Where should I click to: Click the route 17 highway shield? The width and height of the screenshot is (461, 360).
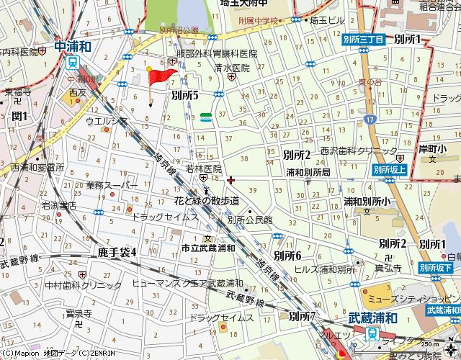tap(370, 118)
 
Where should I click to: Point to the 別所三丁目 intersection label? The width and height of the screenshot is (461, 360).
tap(363, 41)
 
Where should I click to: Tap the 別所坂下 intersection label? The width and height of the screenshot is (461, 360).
tap(435, 268)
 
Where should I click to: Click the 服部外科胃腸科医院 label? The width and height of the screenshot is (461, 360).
tap(216, 54)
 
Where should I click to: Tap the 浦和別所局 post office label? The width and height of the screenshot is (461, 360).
tap(308, 173)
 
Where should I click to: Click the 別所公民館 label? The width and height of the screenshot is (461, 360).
tap(249, 220)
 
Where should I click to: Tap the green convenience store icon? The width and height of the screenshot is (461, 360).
tap(206, 117)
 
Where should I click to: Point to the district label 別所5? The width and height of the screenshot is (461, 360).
tap(184, 94)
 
